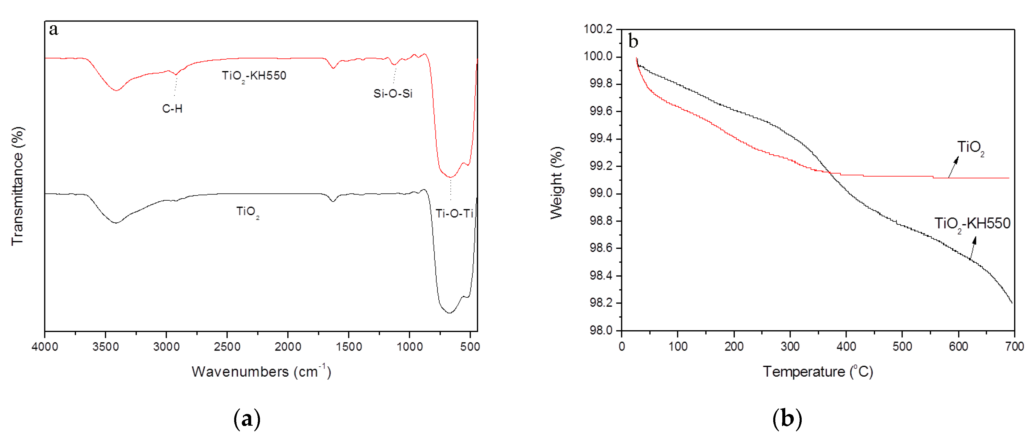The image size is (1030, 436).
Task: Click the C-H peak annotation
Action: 172,108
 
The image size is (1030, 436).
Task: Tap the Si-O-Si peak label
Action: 393,94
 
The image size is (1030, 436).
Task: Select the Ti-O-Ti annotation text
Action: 454,213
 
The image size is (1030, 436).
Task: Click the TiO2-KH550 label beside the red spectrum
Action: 254,76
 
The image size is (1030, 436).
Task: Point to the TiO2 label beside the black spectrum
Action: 247,212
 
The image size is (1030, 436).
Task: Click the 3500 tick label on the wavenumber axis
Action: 106,346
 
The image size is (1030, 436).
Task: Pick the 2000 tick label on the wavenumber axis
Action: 288,346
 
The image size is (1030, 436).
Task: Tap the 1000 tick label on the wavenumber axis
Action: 409,346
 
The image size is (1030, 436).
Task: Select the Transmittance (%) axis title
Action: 18,186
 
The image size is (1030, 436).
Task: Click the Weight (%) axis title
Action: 557,183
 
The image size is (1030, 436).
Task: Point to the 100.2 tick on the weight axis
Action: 598,29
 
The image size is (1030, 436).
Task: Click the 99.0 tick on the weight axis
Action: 601,193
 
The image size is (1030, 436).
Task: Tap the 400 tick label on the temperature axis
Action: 846,346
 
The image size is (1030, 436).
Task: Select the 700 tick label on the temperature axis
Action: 1014,346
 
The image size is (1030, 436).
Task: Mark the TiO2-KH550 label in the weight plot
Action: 972,223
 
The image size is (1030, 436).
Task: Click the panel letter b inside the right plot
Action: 633,41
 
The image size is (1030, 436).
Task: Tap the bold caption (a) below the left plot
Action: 247,419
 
